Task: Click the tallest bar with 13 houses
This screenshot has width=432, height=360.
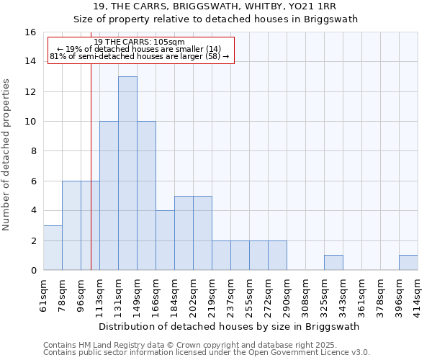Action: tap(127, 173)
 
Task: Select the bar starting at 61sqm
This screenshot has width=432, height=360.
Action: tap(53, 248)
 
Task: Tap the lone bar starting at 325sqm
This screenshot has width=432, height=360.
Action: tap(333, 263)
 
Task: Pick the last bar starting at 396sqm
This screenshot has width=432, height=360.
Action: tap(408, 263)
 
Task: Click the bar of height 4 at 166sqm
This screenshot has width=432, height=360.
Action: tap(165, 240)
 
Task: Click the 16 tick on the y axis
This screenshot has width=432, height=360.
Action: tap(31, 32)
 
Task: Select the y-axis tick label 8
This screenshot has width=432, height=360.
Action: tap(33, 151)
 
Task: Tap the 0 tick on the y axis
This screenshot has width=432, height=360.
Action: tap(33, 271)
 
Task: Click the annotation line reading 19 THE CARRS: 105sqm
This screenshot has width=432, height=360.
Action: tap(140, 42)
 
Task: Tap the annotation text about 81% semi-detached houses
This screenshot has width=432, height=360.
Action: tap(140, 56)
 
